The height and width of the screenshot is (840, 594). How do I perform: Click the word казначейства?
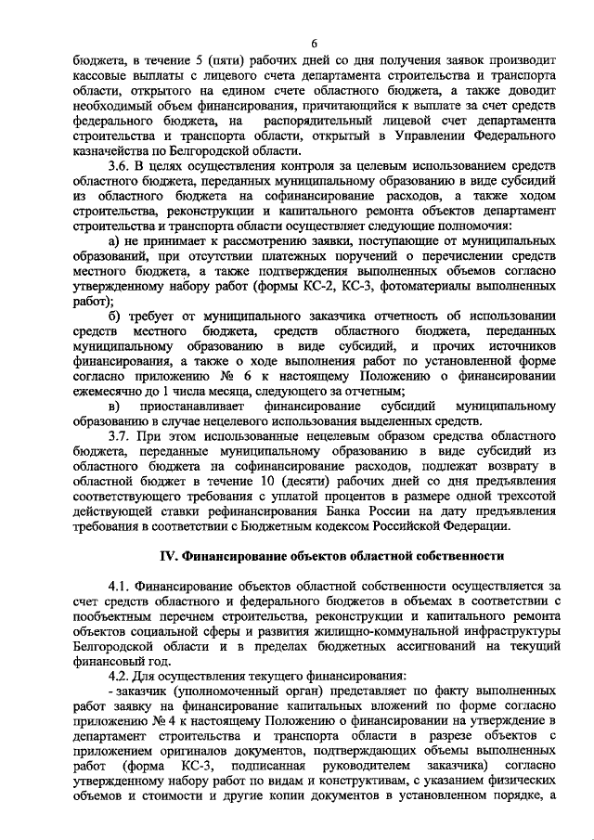112,150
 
